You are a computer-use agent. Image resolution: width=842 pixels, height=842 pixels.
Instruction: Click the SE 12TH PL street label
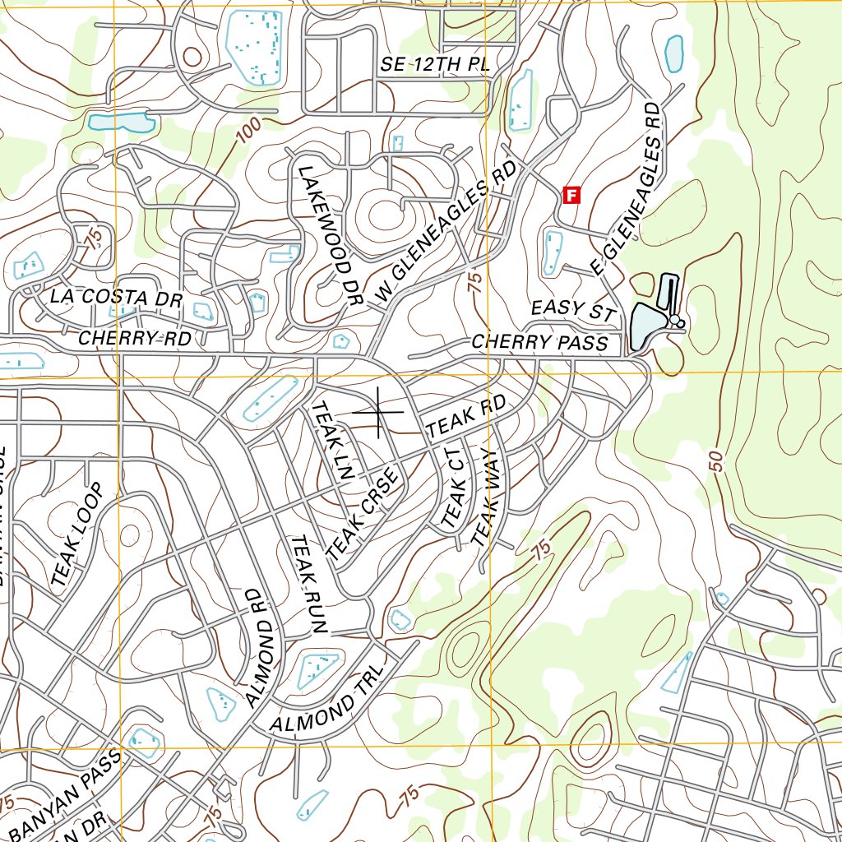point(435,65)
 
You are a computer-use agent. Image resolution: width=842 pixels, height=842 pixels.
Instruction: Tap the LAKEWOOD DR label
point(330,237)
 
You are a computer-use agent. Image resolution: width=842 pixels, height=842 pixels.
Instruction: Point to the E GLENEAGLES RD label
point(627,190)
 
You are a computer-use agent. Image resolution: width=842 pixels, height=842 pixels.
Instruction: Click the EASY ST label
point(573,311)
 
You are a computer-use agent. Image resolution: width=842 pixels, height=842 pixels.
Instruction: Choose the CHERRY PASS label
point(539,342)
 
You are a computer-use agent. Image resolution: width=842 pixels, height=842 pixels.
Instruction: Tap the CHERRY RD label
point(135,338)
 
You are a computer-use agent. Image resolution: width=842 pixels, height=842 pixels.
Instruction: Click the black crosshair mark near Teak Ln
point(378,411)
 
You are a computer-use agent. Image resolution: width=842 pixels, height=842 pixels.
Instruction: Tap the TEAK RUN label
point(309,585)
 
